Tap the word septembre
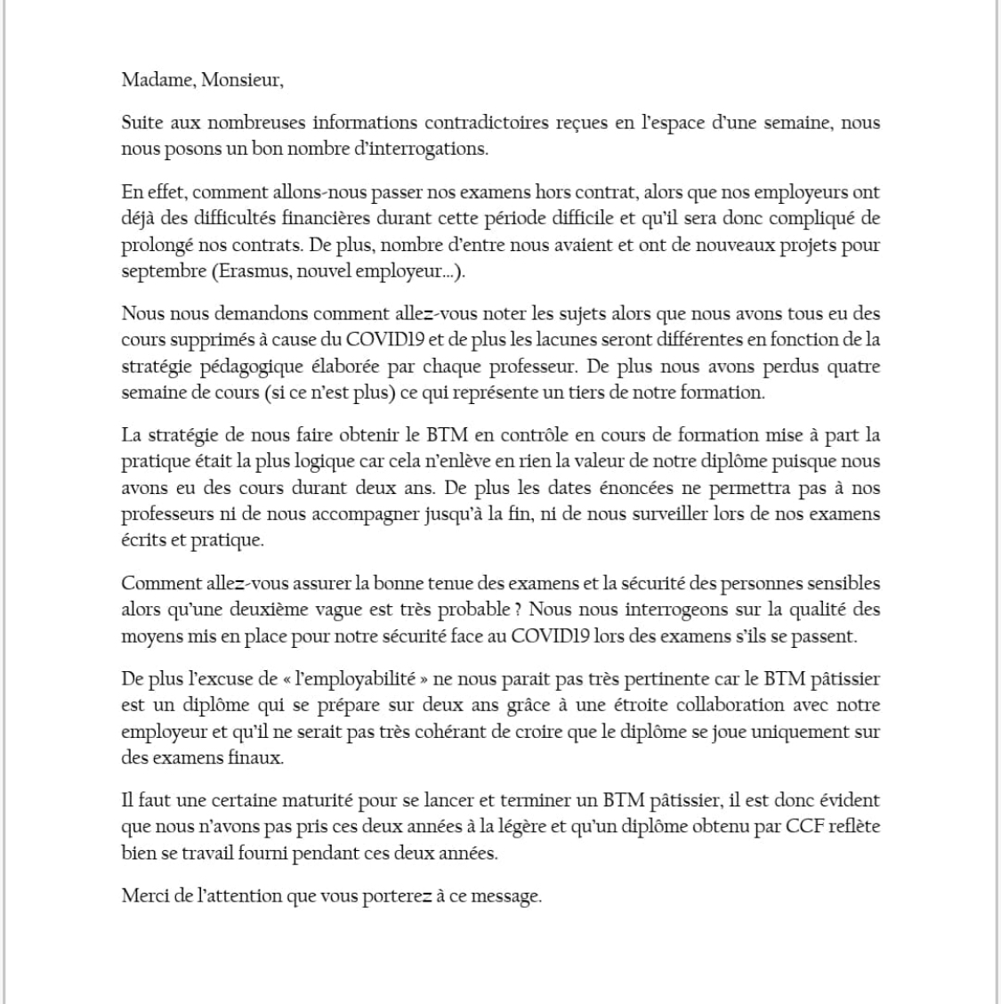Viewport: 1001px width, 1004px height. pyautogui.click(x=163, y=271)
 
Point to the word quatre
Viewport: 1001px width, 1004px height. pyautogui.click(x=855, y=366)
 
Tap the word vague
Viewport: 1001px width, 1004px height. pyautogui.click(x=397, y=610)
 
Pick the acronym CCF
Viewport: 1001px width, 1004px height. pyautogui.click(x=806, y=826)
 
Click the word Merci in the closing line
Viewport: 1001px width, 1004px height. pyautogui.click(x=145, y=895)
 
